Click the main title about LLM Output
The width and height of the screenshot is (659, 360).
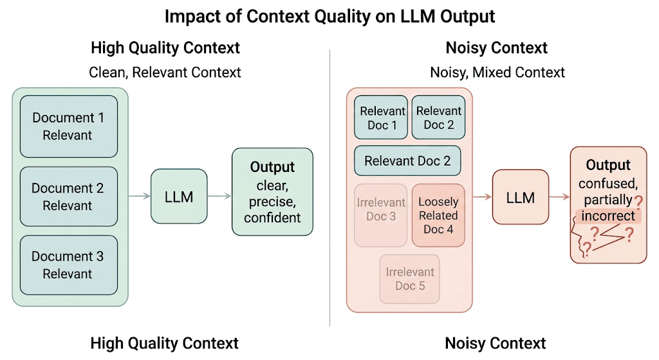(329, 16)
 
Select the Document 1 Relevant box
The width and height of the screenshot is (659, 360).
(68, 126)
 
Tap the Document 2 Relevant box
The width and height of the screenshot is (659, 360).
(68, 197)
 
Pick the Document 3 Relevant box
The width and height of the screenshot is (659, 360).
(68, 265)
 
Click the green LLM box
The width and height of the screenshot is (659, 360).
(179, 196)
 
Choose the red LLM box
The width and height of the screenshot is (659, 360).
(520, 197)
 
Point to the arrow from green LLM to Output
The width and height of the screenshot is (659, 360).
(219, 196)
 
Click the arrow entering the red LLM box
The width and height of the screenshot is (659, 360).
(482, 197)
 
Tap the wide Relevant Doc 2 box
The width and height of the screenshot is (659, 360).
(407, 161)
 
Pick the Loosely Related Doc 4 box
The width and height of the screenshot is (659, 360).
(438, 215)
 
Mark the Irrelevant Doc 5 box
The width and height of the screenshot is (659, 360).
(410, 279)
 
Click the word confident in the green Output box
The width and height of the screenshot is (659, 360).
(272, 218)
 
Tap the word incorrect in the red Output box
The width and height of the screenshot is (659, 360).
(608, 215)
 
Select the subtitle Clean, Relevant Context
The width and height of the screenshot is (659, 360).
(165, 72)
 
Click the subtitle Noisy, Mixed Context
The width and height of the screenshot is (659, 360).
(497, 72)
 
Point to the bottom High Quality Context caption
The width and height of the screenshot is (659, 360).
(165, 343)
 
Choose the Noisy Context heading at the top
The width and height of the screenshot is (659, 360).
(496, 48)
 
